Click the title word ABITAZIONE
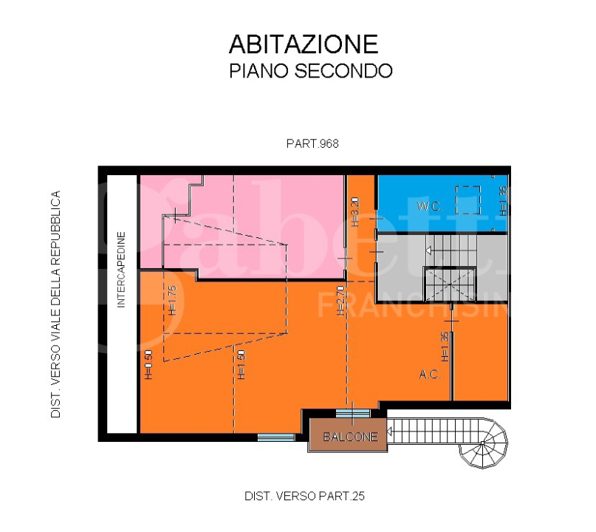point(304,44)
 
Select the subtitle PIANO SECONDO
point(310,72)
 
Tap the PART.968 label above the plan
point(312,144)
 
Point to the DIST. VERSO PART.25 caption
point(304,497)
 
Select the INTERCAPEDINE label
point(122,269)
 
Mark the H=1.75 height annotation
point(172,300)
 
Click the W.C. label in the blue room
point(429,207)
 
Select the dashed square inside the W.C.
point(467,199)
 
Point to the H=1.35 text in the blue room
point(503,199)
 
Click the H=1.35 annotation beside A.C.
point(445,346)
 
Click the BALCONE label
point(350,437)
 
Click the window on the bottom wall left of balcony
point(276,437)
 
